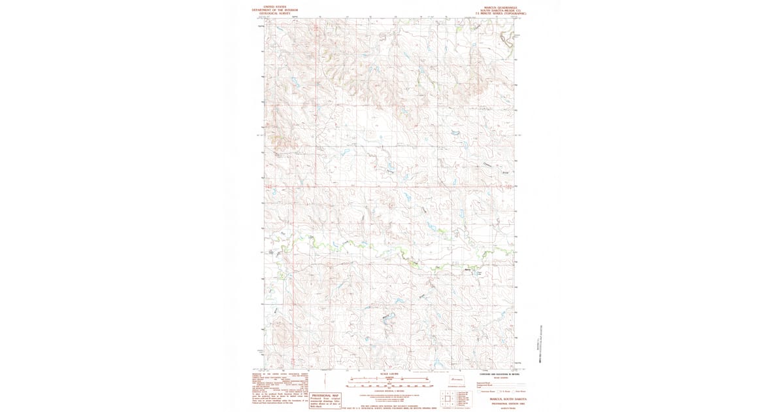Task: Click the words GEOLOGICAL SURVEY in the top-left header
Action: tap(275, 13)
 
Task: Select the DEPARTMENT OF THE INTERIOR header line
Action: tap(275, 10)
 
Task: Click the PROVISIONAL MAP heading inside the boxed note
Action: tap(325, 396)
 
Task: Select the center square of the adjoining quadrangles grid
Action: tap(448, 398)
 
